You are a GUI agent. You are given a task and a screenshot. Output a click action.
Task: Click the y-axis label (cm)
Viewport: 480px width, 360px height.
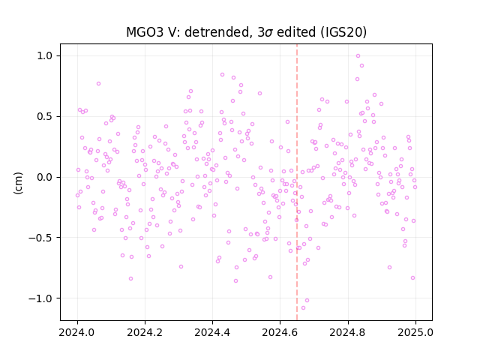click(x=18, y=183)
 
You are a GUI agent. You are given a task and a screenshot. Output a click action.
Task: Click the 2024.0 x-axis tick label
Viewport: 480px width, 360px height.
click(x=77, y=332)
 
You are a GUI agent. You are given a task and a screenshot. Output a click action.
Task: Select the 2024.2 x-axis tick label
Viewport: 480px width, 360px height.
click(x=145, y=332)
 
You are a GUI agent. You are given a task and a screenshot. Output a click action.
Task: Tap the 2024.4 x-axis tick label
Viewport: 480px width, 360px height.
click(x=212, y=332)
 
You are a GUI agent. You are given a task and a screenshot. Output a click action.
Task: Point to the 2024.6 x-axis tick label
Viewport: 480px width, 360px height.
click(x=280, y=332)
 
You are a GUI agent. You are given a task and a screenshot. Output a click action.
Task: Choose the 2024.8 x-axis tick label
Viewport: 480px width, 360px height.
click(x=348, y=332)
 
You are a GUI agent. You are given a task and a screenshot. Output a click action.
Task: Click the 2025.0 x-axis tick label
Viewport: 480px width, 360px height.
click(x=415, y=332)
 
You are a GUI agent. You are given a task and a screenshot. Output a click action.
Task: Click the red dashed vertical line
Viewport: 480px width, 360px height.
click(x=297, y=182)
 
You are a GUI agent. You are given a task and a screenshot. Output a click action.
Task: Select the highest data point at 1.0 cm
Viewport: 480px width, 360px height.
click(x=358, y=55)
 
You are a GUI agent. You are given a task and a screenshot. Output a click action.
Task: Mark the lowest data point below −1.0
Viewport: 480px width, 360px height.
click(x=303, y=308)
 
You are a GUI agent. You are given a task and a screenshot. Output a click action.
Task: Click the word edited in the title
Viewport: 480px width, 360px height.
click(x=295, y=32)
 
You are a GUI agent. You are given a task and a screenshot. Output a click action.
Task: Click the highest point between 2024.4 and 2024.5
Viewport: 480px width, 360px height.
click(x=222, y=75)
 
